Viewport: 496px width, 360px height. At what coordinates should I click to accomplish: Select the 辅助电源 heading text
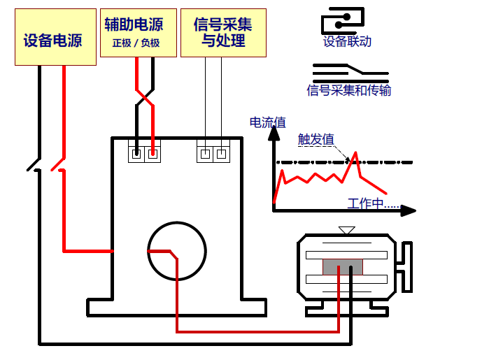tap(134, 24)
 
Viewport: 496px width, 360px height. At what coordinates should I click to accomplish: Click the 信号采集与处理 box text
tap(223, 33)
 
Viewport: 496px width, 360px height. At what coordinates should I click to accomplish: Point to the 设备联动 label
tap(347, 41)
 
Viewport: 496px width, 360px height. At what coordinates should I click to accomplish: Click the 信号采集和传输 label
tap(349, 90)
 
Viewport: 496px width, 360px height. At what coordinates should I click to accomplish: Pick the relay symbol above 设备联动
tap(343, 20)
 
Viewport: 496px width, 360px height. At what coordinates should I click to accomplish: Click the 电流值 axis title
tap(268, 122)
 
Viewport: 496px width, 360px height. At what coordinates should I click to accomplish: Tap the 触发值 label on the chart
tap(316, 139)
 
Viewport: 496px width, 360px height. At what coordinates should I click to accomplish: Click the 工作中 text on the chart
tap(372, 203)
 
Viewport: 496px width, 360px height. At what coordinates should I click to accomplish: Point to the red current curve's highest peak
tap(356, 152)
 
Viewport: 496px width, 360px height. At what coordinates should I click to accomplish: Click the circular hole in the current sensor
tap(177, 251)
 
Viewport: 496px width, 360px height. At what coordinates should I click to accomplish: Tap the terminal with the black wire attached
tap(136, 153)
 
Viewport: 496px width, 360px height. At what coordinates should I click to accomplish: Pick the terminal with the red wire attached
tap(153, 153)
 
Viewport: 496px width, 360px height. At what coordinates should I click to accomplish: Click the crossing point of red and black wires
tap(144, 94)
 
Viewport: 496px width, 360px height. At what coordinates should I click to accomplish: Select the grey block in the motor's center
tap(343, 266)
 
